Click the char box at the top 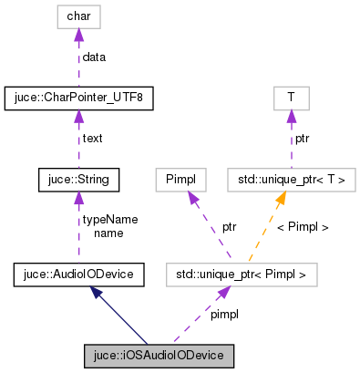click(x=80, y=16)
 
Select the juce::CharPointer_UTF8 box click(x=79, y=96)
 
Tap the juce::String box click(x=79, y=180)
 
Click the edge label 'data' click(x=94, y=57)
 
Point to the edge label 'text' click(x=92, y=139)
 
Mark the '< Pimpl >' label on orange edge click(x=302, y=226)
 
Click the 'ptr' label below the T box click(x=303, y=139)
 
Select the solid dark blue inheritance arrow click(x=124, y=316)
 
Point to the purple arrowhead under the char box click(x=80, y=34)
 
